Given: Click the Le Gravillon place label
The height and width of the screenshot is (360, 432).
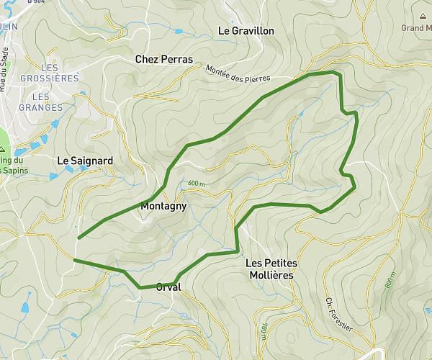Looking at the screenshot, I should click(246, 31).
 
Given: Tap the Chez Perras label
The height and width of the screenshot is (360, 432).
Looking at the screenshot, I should click(164, 59).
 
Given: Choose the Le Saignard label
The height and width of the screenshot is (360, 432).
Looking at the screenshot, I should click(85, 161).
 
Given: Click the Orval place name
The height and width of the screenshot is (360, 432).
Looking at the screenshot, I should click(168, 287).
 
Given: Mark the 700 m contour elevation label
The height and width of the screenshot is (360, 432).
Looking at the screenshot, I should click(264, 331).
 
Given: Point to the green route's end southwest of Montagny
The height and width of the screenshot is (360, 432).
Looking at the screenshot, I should click(78, 237).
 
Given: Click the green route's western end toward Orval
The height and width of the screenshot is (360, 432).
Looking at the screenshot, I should click(74, 259).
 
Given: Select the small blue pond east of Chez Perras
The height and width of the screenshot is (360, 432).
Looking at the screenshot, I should click(177, 31).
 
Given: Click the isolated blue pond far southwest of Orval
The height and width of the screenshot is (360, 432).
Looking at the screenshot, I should click(26, 308).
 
